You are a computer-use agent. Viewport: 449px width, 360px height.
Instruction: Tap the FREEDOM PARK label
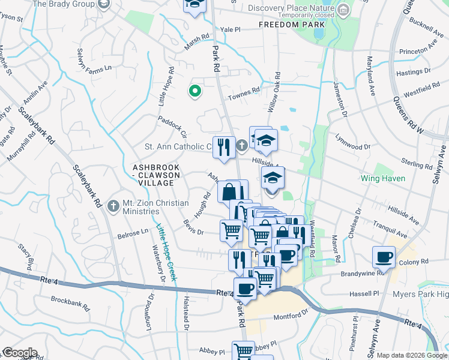292,25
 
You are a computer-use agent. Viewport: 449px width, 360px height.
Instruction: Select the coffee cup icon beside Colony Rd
384,257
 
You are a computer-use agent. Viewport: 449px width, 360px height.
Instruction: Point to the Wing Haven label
383,178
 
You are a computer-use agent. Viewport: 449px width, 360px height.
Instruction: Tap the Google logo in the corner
19,353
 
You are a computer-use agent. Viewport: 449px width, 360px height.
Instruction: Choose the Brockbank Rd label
70,299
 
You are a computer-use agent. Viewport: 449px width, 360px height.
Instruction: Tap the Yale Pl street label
230,29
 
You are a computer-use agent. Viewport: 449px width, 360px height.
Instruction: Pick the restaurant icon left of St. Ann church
224,147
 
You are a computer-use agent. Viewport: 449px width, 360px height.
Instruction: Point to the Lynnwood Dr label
353,146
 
